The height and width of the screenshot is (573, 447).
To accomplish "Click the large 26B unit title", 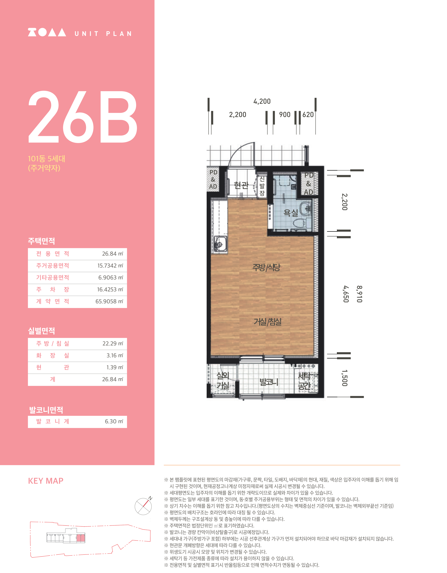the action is (83, 117).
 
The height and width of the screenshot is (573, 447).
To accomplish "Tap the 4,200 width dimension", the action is (262, 101).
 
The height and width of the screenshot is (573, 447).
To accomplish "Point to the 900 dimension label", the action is (285, 115).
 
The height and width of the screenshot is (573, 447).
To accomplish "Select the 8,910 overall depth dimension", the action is (359, 294).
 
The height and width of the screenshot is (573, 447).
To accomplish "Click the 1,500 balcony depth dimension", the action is (345, 378).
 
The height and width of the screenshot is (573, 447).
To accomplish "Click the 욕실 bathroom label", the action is (291, 212).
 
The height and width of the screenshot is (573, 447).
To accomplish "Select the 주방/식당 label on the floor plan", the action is (266, 267).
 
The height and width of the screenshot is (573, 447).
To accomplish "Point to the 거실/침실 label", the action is (267, 321).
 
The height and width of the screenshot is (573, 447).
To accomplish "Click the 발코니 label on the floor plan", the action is (269, 382).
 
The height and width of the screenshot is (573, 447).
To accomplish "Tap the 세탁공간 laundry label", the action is (305, 381).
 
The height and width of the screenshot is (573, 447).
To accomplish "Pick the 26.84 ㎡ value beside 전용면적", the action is (113, 254).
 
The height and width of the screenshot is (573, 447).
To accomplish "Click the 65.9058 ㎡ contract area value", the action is (109, 301).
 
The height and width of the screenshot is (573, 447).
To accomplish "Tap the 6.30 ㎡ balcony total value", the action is (114, 421).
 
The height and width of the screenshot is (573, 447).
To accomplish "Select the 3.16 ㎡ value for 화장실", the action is (115, 355).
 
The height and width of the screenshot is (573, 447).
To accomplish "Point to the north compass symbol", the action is (143, 506).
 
